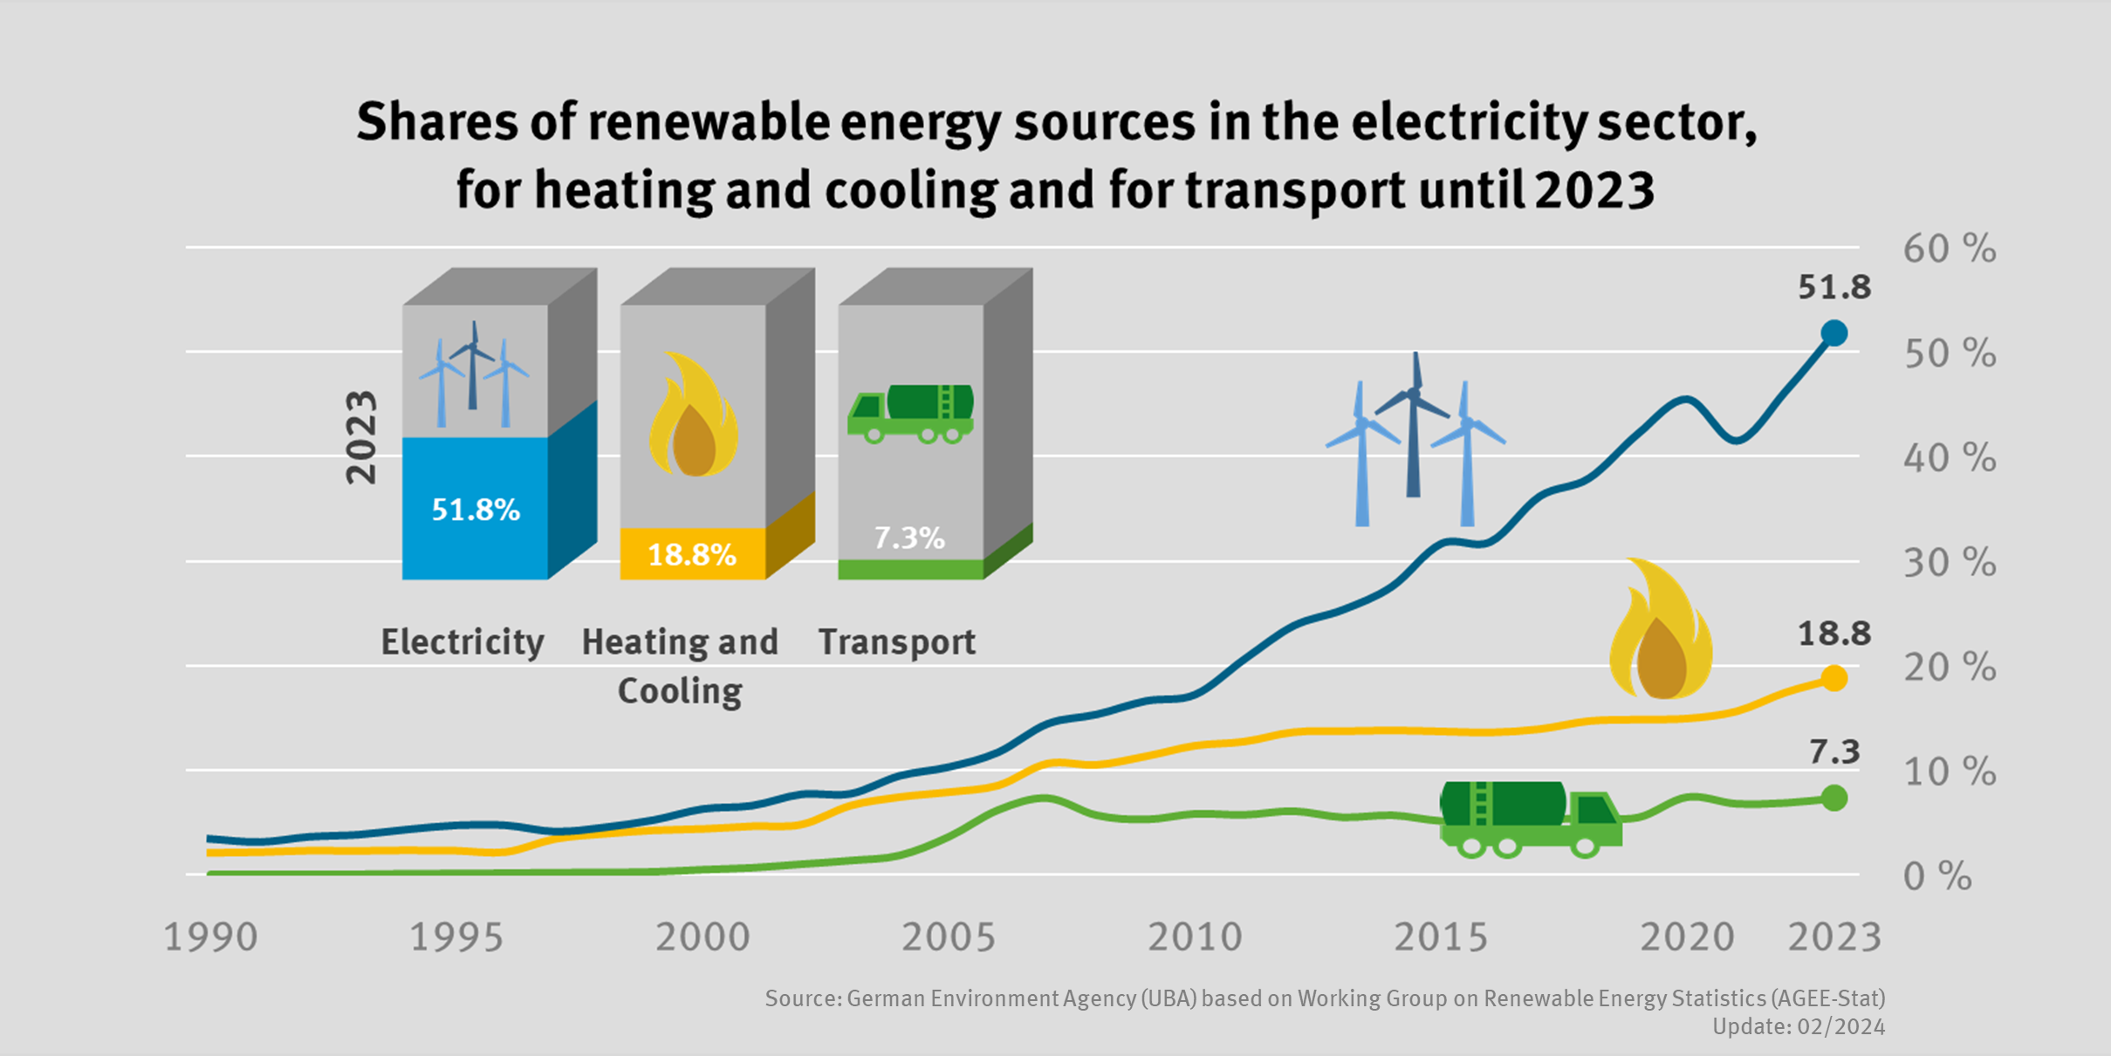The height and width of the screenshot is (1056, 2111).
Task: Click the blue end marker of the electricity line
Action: tap(1834, 333)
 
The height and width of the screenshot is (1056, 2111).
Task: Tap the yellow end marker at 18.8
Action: tap(1834, 678)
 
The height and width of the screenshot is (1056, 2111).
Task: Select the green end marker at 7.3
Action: tap(1834, 798)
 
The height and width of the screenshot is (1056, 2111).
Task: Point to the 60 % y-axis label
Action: tap(1949, 250)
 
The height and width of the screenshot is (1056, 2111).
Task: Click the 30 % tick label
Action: tap(1949, 564)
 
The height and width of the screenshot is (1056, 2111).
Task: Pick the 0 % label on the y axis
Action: tap(1936, 877)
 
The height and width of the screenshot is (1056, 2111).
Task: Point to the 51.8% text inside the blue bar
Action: tap(476, 510)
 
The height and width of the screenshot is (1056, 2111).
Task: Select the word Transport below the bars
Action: tap(896, 642)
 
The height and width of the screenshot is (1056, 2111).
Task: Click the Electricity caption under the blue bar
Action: tap(463, 642)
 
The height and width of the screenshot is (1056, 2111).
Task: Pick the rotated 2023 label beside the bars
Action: tap(361, 437)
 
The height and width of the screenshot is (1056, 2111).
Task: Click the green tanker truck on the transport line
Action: tap(1530, 819)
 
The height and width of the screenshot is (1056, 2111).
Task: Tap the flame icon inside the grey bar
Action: tap(694, 415)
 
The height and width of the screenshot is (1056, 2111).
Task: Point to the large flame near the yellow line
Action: tap(1661, 630)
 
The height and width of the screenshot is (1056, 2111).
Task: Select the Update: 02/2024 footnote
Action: tap(1798, 1027)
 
